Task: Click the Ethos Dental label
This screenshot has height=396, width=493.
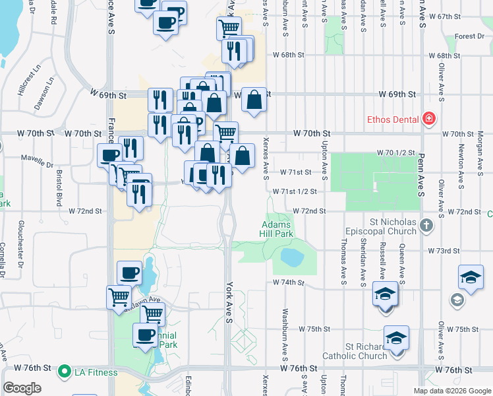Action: (x=393, y=119)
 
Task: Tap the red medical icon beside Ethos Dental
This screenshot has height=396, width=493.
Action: (x=429, y=119)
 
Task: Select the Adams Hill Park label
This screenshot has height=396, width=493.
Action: (x=275, y=229)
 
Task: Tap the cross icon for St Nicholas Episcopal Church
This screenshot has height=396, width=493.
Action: (x=426, y=226)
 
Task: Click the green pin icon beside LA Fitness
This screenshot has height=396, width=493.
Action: (x=64, y=371)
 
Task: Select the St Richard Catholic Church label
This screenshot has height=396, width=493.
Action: (x=366, y=352)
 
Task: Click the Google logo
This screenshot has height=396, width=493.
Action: (x=22, y=388)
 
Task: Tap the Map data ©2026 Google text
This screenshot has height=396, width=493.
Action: (x=451, y=391)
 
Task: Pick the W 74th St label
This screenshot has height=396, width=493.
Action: (x=288, y=282)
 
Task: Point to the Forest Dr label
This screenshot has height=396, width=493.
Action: (x=469, y=36)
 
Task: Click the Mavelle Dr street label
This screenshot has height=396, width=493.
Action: (x=37, y=160)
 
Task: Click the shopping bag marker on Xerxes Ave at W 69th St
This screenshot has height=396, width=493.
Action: (x=254, y=100)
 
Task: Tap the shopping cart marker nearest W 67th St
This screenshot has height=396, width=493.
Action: (x=229, y=28)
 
